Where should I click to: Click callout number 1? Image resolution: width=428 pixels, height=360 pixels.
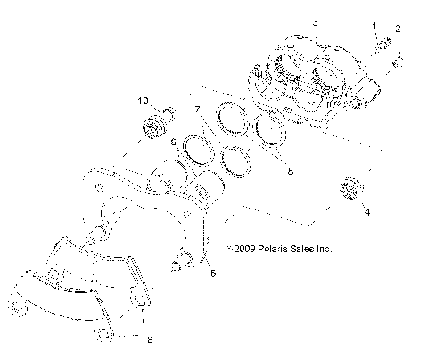pos(374,27)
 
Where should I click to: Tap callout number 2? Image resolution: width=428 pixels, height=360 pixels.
pos(399,29)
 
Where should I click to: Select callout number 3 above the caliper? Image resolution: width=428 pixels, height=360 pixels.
pos(288,20)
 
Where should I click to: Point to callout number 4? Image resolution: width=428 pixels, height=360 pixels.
pos(366,212)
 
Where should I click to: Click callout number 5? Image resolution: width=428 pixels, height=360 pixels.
pos(212,274)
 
